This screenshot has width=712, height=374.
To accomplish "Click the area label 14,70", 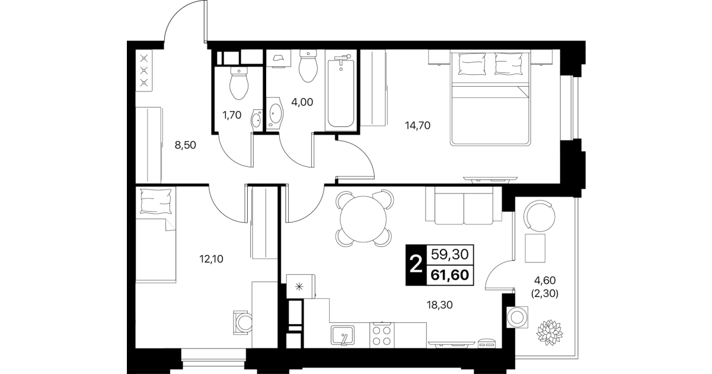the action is [418, 126].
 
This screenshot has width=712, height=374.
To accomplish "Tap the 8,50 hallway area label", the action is [186, 145].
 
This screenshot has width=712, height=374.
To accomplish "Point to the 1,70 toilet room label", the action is [232, 115].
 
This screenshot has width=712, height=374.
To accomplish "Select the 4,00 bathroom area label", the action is [302, 102].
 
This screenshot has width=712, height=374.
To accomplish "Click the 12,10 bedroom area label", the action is [212, 259].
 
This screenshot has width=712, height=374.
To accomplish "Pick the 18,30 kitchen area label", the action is [440, 305].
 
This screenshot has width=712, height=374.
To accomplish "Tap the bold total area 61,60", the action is [450, 275].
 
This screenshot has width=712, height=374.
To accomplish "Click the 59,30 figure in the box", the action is [450, 255].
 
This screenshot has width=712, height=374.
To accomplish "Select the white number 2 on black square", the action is [416, 265].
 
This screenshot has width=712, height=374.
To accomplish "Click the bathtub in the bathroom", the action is [341, 93].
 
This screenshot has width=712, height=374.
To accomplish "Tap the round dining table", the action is [363, 219].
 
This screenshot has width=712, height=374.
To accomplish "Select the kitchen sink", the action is [342, 335].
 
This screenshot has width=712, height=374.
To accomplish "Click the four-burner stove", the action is [382, 335].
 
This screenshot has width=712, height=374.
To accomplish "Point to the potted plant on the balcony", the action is [550, 333].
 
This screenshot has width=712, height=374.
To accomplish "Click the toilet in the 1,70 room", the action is [239, 83].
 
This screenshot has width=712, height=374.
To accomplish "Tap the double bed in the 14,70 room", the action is [490, 99].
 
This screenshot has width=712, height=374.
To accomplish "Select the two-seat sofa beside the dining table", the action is [464, 205].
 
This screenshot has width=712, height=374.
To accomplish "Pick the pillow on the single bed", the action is [156, 201].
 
